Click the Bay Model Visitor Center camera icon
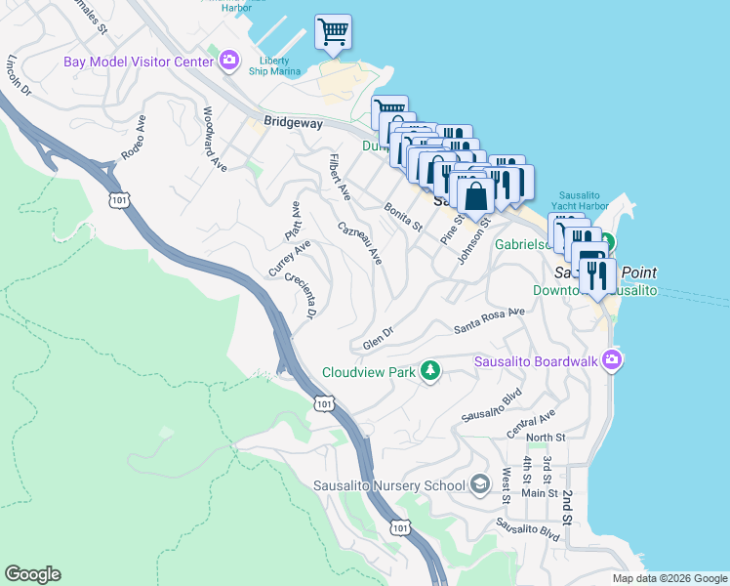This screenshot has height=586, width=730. click(x=229, y=62)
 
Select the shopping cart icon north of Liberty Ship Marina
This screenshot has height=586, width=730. click(x=333, y=32)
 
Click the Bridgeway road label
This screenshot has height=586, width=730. click(x=291, y=123)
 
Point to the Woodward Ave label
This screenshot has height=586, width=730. click(x=215, y=141)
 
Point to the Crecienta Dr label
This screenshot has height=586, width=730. click(x=301, y=296)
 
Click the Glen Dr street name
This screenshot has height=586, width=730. click(x=377, y=338)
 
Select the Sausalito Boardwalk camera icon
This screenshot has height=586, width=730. click(x=611, y=362)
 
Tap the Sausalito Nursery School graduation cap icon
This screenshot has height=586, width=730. click(x=479, y=484)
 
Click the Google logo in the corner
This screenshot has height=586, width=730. click(x=32, y=574)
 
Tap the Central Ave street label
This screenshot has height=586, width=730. click(x=531, y=423)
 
